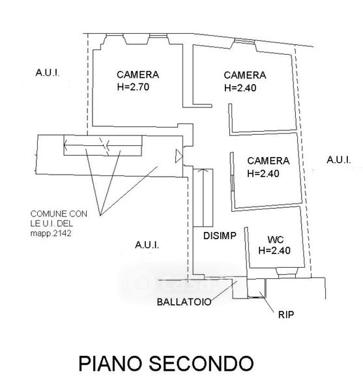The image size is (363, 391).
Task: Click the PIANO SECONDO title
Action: (166, 364)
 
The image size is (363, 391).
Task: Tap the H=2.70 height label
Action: (133, 87)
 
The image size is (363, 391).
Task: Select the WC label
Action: (276, 240)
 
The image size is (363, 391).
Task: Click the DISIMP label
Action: (220, 236)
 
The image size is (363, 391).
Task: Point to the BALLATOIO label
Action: (184, 302)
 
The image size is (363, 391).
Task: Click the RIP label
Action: (286, 315)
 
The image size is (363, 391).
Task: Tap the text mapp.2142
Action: (51, 233)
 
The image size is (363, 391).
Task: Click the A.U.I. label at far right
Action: (339, 160)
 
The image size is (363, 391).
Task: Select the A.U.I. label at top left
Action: (48, 72)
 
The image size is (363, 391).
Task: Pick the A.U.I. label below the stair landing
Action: (147, 245)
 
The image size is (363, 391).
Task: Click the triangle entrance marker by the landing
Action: (179, 156)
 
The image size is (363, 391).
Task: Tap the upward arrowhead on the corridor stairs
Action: (203, 171)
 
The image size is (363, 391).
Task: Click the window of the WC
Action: (286, 272)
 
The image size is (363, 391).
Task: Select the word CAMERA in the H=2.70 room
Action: (138, 74)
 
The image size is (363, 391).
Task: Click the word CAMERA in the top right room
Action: (245, 75)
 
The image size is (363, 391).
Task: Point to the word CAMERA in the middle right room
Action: (269, 160)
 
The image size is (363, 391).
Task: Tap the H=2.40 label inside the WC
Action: (274, 250)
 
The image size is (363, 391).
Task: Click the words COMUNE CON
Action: (59, 214)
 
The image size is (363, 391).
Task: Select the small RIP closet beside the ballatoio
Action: (256, 288)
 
